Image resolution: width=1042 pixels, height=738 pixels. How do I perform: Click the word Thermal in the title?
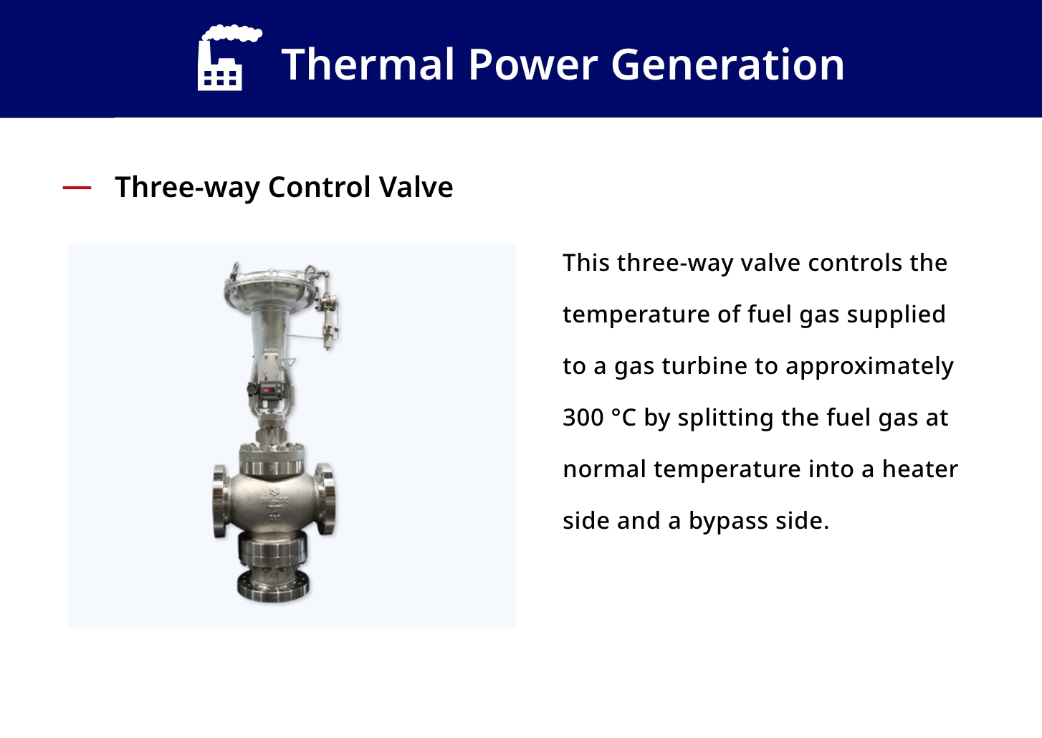[368, 64]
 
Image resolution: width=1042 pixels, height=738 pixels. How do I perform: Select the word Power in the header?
[532, 64]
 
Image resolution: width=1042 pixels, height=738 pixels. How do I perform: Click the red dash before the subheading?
[77, 188]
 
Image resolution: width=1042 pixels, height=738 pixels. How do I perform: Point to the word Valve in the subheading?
[416, 187]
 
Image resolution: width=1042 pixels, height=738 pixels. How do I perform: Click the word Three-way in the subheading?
[187, 188]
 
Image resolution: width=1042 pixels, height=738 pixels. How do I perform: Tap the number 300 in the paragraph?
[583, 417]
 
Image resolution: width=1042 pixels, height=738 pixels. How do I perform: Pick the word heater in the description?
[920, 469]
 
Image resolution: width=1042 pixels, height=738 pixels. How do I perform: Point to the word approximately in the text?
[869, 366]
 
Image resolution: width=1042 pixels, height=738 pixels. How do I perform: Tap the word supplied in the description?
[896, 315]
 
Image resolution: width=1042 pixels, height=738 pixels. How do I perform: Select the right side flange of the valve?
[327, 499]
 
